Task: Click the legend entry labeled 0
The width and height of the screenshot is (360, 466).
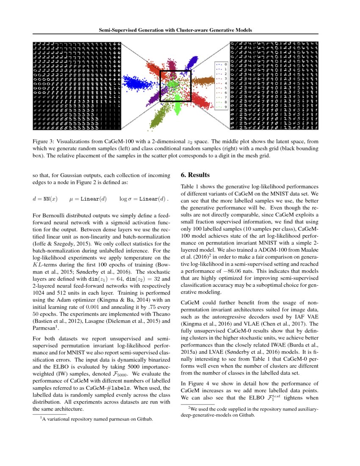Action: [x=222, y=64]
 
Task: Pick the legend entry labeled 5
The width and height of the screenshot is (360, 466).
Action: [x=222, y=88]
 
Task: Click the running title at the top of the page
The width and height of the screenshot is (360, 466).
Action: [x=175, y=31]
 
